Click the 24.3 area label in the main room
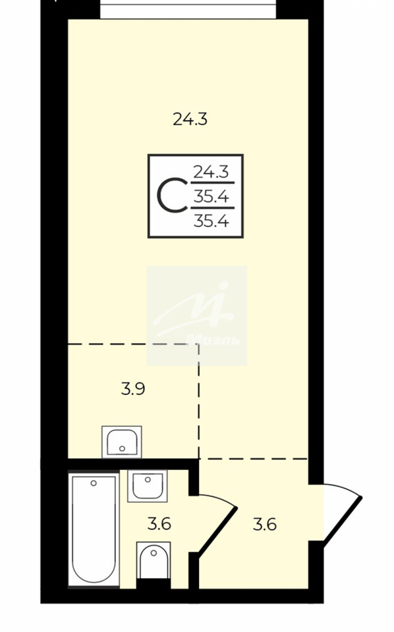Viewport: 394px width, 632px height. pyautogui.click(x=190, y=119)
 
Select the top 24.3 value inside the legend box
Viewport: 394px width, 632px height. pyautogui.click(x=211, y=172)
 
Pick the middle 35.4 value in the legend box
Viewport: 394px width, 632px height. pyautogui.click(x=211, y=197)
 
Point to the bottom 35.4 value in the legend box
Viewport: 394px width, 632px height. pyautogui.click(x=211, y=221)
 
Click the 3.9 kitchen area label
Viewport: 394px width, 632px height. pyautogui.click(x=133, y=389)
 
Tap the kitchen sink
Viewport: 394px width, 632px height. pyautogui.click(x=122, y=442)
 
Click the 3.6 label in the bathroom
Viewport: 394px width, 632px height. pyautogui.click(x=159, y=525)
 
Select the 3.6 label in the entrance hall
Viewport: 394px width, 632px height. pyautogui.click(x=265, y=525)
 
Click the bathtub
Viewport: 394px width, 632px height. pyautogui.click(x=94, y=529)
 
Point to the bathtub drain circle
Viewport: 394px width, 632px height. pyautogui.click(x=94, y=483)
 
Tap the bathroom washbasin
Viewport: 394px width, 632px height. pyautogui.click(x=148, y=486)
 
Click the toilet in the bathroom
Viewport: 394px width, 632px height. pyautogui.click(x=154, y=561)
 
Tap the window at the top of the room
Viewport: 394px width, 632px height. pyautogui.click(x=189, y=9)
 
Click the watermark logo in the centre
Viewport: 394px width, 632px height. pyautogui.click(x=197, y=315)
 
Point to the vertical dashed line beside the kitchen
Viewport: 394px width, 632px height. pyautogui.click(x=199, y=402)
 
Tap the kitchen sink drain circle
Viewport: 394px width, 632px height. pyautogui.click(x=122, y=448)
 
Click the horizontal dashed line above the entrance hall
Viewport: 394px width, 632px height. pyautogui.click(x=254, y=459)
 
